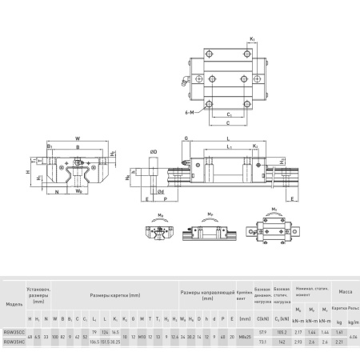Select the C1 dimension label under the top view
pos(230,114)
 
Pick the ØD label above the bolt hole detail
pos(154,149)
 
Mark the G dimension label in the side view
pos(185,139)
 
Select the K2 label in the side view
pos(255,147)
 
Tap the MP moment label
pos(210,214)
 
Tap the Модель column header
pos(14,304)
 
